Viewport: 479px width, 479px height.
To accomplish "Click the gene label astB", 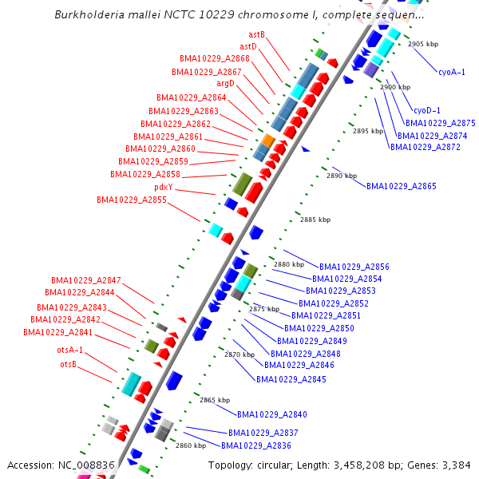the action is [x=256, y=35].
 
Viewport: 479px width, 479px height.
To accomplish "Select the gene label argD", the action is [x=226, y=83].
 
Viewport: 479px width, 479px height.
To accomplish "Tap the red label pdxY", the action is [x=164, y=188].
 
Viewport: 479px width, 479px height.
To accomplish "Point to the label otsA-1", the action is [x=69, y=350].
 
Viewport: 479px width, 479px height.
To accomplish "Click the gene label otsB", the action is [x=69, y=364].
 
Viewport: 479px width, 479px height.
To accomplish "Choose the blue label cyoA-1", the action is [x=451, y=72].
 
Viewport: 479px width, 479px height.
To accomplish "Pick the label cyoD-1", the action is [x=426, y=110].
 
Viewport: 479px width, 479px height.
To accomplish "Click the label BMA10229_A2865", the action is [x=402, y=186].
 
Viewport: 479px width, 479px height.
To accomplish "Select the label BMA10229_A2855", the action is [x=132, y=200].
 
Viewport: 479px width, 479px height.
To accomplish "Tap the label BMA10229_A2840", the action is [x=272, y=414].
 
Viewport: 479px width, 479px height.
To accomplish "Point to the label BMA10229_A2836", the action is [x=256, y=445].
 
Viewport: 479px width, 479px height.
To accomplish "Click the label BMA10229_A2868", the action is [x=215, y=59].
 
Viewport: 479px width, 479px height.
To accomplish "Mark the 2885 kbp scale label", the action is [x=313, y=220].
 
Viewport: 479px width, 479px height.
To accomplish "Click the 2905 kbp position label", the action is [x=422, y=45].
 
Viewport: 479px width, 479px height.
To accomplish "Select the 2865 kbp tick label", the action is [x=215, y=400].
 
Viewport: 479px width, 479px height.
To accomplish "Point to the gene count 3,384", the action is [x=455, y=465].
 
